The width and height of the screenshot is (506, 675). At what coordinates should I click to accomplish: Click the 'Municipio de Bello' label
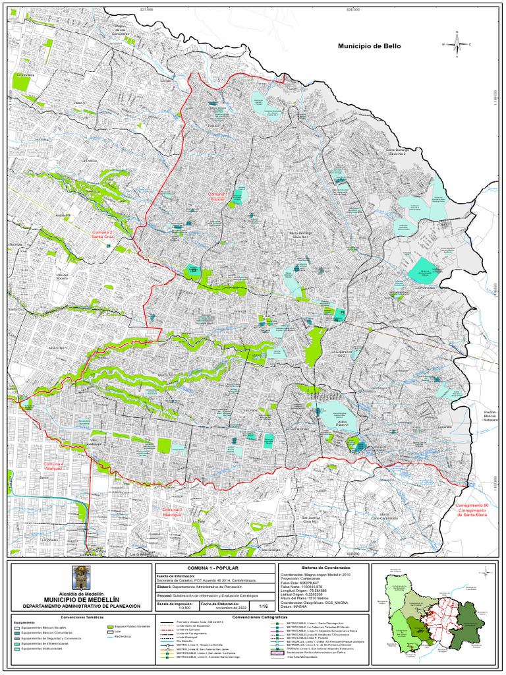tap(369, 47)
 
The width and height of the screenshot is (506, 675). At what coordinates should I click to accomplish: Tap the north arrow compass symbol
tap(456, 44)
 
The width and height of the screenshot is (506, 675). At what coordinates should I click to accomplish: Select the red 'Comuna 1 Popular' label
tap(217, 197)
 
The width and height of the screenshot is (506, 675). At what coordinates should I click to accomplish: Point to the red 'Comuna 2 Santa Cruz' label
tap(105, 235)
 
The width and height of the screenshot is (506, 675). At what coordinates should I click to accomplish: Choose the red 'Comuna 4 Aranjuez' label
tap(54, 467)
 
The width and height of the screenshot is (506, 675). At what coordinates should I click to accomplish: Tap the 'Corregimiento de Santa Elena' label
tap(472, 509)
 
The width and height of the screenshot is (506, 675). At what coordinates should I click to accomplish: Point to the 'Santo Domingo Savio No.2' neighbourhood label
tap(398, 152)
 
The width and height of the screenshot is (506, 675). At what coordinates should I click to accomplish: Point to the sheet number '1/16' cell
tap(263, 606)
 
